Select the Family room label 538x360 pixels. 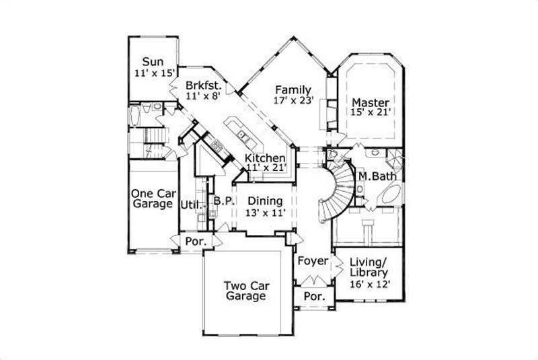tap(292, 90)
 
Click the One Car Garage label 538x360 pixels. tap(152, 198)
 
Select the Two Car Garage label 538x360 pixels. tap(245, 290)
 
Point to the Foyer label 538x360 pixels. tap(312, 260)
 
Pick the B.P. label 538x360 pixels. tap(223, 200)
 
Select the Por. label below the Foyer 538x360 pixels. tap(314, 296)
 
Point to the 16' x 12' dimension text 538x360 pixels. tap(369, 284)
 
